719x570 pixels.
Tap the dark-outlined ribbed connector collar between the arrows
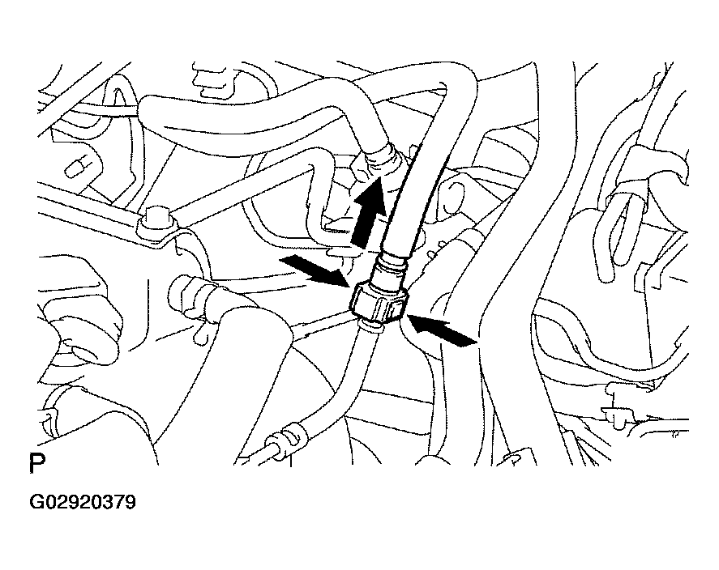pyautogui.click(x=378, y=301)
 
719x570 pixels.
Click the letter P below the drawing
pyautogui.click(x=37, y=463)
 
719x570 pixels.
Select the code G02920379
pyautogui.click(x=83, y=502)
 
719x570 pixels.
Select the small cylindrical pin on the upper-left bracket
pyautogui.click(x=76, y=169)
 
